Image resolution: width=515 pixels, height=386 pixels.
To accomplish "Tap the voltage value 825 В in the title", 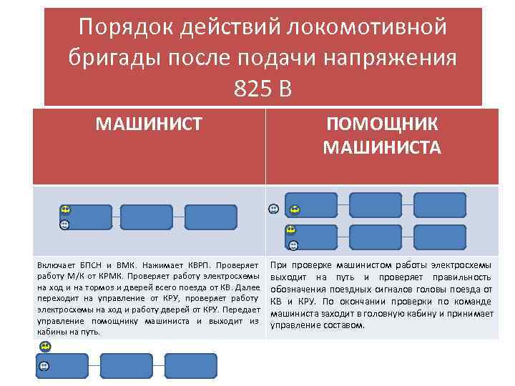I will click(263, 88).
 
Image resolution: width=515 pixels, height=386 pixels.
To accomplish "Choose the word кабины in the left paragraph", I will click(51, 332).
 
